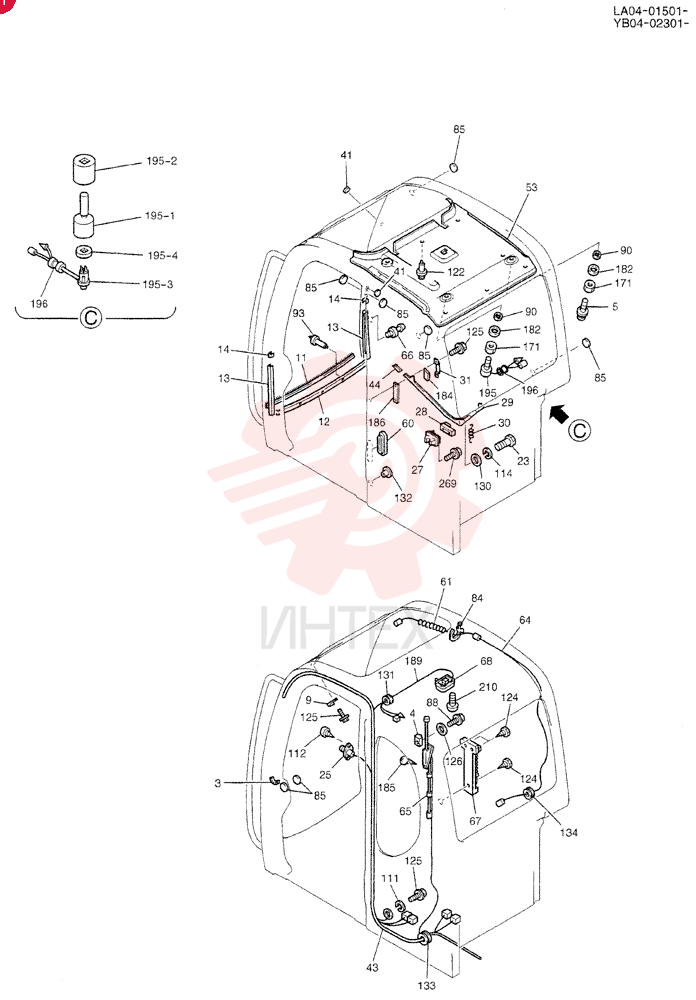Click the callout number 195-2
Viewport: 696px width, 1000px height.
161,161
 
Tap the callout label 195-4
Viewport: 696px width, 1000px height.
163,256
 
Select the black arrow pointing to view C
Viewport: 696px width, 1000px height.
559,415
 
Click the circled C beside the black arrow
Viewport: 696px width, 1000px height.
579,430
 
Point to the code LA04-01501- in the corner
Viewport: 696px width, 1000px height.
650,11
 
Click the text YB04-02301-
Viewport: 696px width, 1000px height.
650,24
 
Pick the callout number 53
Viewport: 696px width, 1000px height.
531,188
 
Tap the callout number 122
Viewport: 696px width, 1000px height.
456,272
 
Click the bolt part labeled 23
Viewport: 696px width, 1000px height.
505,442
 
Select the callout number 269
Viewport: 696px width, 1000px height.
447,483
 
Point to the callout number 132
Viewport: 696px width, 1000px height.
403,498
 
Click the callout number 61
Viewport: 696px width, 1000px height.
446,582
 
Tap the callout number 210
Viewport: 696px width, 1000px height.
488,688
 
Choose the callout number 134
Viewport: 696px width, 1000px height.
568,832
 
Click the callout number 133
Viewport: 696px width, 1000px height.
426,985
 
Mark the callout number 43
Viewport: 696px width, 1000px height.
372,967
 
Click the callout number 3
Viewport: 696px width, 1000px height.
218,783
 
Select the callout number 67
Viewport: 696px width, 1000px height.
475,821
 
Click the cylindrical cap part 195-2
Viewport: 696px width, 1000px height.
82,168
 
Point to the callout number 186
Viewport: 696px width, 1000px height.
376,422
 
